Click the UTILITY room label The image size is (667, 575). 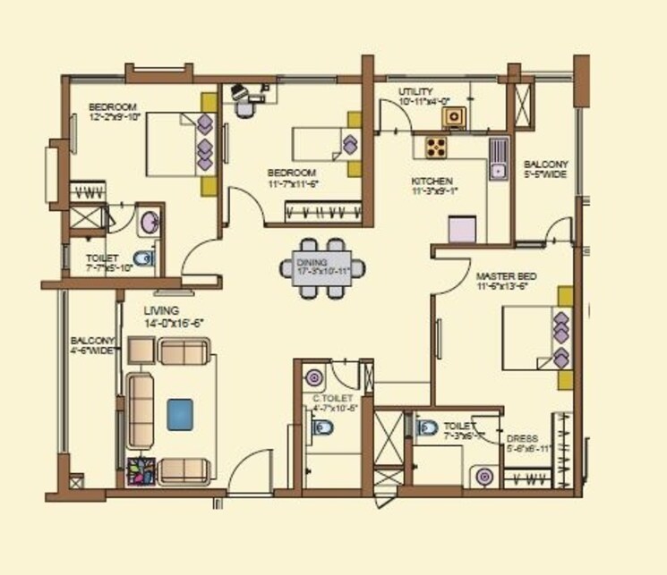(417, 92)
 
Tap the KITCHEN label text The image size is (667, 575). (432, 181)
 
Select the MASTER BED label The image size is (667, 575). (503, 276)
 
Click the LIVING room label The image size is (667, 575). (161, 310)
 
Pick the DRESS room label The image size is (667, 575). (522, 438)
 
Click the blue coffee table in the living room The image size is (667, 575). (182, 413)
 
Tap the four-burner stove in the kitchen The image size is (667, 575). (436, 146)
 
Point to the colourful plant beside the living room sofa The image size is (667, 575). (141, 470)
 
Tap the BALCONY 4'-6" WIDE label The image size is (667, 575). (92, 345)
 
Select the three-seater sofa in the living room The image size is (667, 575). (139, 411)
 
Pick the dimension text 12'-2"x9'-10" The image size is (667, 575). (116, 116)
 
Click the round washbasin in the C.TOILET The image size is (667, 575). (313, 376)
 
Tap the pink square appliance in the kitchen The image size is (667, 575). (461, 230)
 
